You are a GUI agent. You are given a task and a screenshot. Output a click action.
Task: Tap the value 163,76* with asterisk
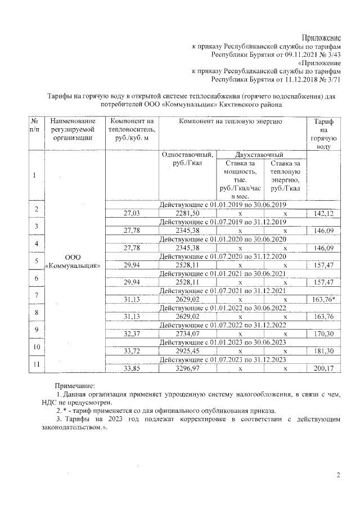pyautogui.click(x=323, y=300)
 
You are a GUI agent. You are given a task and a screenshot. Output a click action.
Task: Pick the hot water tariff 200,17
pyautogui.click(x=322, y=370)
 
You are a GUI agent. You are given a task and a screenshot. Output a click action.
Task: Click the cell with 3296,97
pyautogui.click(x=187, y=370)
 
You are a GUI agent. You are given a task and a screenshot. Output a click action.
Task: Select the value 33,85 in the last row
pyautogui.click(x=133, y=370)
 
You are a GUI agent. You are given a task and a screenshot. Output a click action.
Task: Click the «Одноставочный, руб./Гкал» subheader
pyautogui.click(x=187, y=159)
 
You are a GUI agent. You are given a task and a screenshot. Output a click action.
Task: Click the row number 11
pyautogui.click(x=35, y=365)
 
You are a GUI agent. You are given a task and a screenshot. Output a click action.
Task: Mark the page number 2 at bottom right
pyautogui.click(x=339, y=476)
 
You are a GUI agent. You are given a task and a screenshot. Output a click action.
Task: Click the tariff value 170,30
pyautogui.click(x=322, y=335)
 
